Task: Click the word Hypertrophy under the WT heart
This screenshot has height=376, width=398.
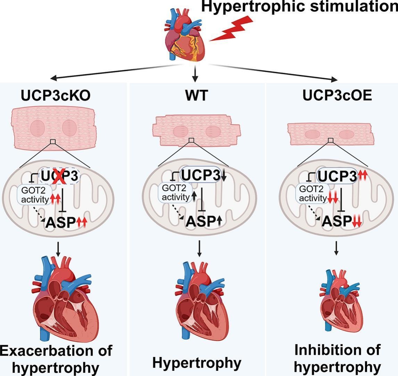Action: click(197, 363)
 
